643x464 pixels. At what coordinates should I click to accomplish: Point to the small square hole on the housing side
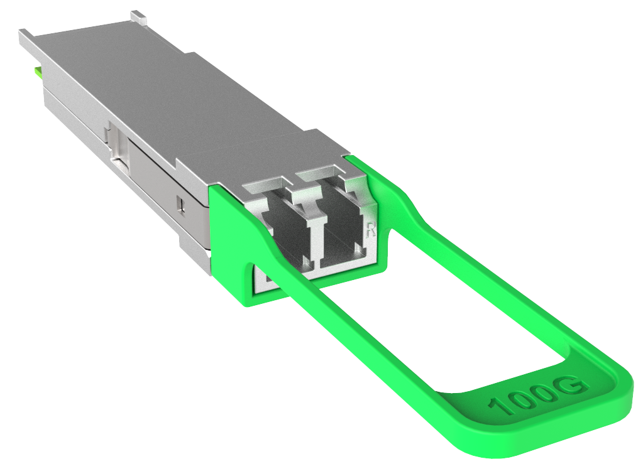(180, 203)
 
